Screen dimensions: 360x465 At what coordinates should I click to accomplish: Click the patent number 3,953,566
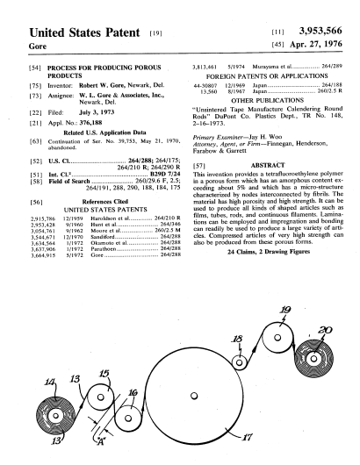coord(320,31)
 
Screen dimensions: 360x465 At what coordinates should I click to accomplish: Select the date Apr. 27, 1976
coord(316,44)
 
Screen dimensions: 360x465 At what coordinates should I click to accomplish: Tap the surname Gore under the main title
coord(38,46)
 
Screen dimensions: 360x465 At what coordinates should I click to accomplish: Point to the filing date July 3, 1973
coord(97,112)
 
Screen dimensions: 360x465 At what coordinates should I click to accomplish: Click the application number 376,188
coord(90,123)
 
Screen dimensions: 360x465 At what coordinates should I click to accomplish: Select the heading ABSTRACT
coord(268,165)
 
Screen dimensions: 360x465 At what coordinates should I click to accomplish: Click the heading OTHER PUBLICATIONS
coord(268,100)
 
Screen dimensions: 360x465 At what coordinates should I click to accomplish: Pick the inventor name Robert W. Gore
coord(102,85)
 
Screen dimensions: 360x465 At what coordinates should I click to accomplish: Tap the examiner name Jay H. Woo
coord(265,137)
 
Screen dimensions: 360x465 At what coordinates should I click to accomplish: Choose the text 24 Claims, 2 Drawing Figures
coord(269,252)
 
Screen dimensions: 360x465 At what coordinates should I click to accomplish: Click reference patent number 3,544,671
coord(43,237)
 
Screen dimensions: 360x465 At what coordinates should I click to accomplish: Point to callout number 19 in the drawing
coord(285,310)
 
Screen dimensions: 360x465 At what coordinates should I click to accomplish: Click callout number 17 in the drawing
coord(247,437)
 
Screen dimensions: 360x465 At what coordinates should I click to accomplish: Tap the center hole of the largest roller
coord(194,396)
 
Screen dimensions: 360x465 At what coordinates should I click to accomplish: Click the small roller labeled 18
coord(239,362)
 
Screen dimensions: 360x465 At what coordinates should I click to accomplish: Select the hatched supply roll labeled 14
coord(55,416)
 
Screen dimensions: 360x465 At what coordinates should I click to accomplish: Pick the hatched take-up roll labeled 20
coord(313,359)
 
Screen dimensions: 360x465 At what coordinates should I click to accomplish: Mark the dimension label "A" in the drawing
coord(101,442)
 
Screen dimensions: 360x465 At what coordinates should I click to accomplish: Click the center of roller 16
coord(128,418)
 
